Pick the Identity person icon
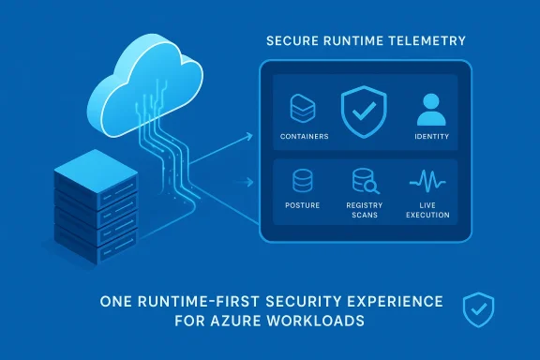point(429,110)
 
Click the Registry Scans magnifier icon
point(364,180)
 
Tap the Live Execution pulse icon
point(427,180)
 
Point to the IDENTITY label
point(430,137)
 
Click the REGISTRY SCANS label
point(363,210)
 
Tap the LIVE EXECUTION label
point(427,210)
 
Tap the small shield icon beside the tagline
point(479,308)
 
